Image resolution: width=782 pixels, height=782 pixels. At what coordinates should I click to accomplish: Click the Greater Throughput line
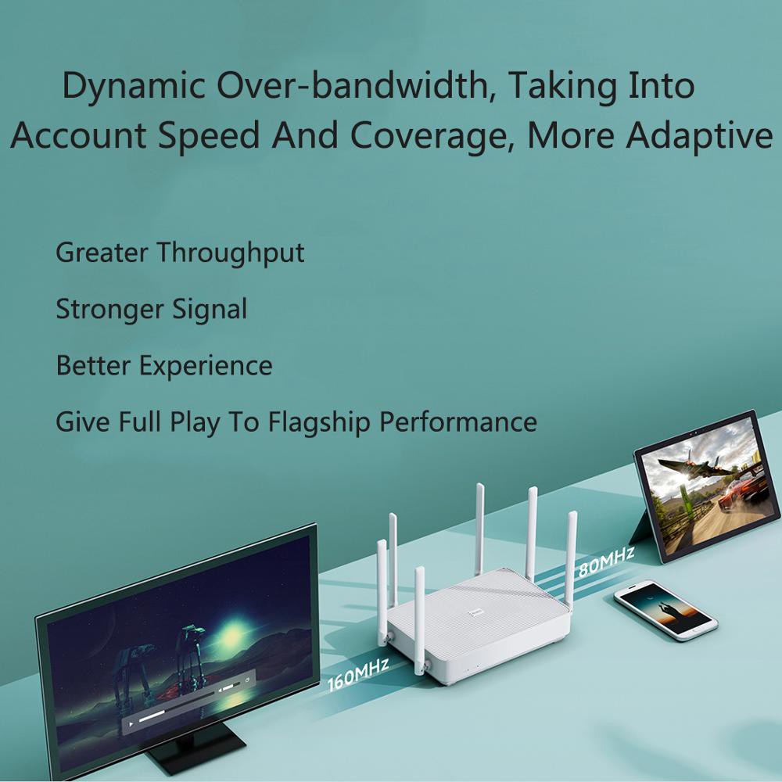(x=180, y=253)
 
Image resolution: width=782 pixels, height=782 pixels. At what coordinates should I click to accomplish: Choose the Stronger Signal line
(x=151, y=309)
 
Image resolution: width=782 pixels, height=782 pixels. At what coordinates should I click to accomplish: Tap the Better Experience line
(x=164, y=365)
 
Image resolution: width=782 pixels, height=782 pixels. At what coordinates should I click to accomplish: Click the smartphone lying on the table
(x=665, y=608)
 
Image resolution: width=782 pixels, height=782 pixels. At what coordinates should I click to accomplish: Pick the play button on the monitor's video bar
(x=131, y=725)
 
